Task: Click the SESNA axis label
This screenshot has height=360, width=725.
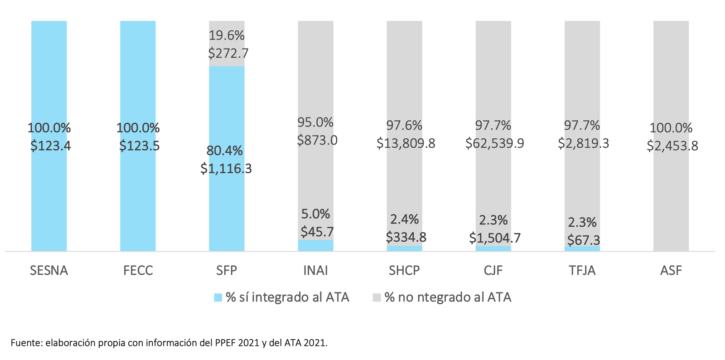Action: click(49, 271)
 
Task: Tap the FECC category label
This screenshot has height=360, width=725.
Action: click(138, 271)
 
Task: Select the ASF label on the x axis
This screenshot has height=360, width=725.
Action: click(671, 271)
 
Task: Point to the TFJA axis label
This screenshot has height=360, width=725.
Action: click(582, 271)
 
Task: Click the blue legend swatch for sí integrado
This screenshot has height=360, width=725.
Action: click(218, 297)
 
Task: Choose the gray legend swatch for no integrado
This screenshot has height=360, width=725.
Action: click(377, 297)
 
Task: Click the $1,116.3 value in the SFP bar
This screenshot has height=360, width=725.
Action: click(226, 169)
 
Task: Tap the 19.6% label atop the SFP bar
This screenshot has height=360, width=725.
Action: click(226, 35)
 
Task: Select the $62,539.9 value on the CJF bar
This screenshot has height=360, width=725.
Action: click(494, 143)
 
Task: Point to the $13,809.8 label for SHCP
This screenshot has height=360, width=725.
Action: click(406, 143)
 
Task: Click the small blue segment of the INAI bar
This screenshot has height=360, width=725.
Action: click(315, 246)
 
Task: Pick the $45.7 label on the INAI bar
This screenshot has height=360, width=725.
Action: click(317, 232)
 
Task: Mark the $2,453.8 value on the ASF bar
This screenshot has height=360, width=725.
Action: click(672, 146)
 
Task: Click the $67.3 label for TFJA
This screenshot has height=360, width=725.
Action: click(583, 240)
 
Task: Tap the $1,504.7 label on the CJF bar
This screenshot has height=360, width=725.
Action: click(494, 238)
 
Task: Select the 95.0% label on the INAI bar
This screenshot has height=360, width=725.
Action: click(315, 122)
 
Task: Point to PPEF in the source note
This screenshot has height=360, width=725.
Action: click(223, 343)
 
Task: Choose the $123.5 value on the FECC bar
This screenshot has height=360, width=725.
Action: click(139, 146)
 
